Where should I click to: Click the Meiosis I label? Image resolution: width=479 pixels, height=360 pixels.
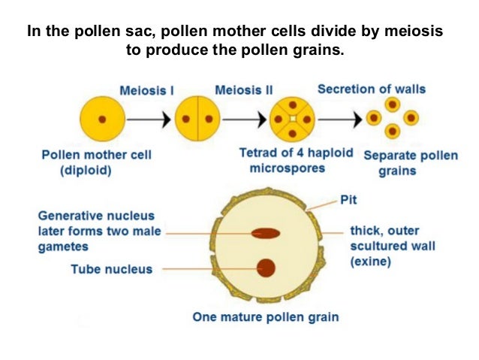147,90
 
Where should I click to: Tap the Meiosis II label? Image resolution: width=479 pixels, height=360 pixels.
243,90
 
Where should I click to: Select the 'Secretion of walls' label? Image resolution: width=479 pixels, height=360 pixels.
372,89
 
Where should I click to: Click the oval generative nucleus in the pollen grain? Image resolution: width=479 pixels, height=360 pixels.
265,233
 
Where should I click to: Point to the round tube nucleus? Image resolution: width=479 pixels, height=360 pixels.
265,268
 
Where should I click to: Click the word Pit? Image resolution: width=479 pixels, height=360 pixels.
348,200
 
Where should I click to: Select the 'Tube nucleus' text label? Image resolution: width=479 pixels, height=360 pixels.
111,268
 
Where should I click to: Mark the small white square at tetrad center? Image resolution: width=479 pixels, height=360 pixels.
294,119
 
